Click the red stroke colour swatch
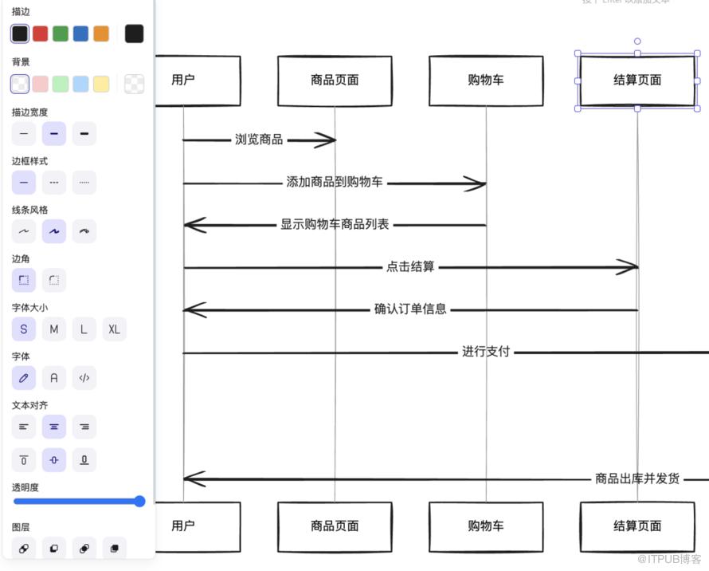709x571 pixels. click(x=40, y=33)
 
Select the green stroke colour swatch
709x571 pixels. click(x=61, y=33)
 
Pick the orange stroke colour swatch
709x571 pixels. click(x=101, y=33)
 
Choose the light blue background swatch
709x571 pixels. click(x=80, y=84)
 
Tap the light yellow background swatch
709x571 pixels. click(x=101, y=84)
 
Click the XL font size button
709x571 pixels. click(x=114, y=329)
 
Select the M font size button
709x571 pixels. click(x=54, y=329)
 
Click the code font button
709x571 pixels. click(x=84, y=378)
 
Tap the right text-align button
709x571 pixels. click(x=84, y=427)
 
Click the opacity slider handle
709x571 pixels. click(x=139, y=502)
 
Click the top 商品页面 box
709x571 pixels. click(x=335, y=80)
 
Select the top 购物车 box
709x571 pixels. click(x=486, y=80)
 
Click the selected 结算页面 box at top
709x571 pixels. click(x=637, y=80)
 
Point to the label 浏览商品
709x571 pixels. click(x=259, y=140)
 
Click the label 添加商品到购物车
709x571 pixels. click(x=335, y=182)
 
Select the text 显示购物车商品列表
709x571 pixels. click(x=335, y=225)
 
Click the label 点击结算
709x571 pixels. click(x=410, y=266)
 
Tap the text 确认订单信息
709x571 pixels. click(x=410, y=309)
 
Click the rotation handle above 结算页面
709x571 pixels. click(x=637, y=41)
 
